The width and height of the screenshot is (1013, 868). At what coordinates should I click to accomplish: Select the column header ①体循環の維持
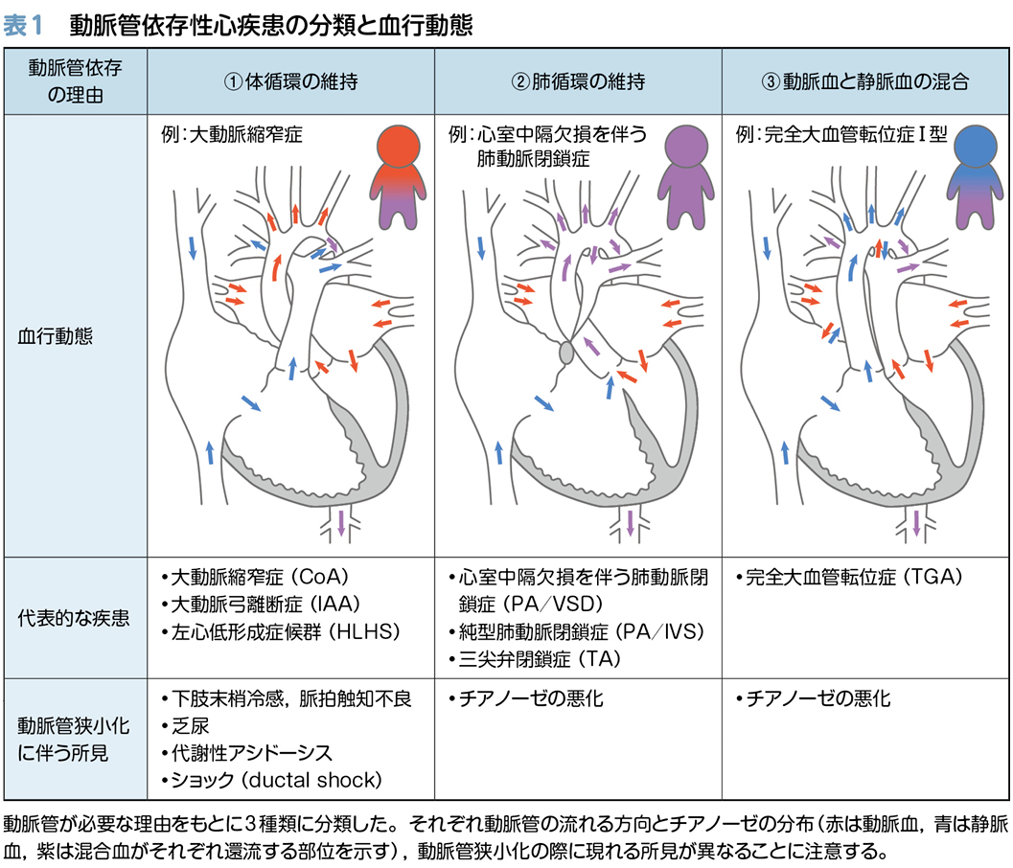290,81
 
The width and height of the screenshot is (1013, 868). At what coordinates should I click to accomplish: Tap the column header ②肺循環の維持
578,81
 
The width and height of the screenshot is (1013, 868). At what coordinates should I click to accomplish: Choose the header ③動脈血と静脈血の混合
865,81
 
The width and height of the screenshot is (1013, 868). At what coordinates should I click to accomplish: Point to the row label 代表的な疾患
73,619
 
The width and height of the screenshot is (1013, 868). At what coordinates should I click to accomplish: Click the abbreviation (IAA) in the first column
339,605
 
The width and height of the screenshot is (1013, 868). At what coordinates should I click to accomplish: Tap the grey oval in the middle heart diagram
565,354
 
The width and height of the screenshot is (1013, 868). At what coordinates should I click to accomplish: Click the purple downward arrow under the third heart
917,521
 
